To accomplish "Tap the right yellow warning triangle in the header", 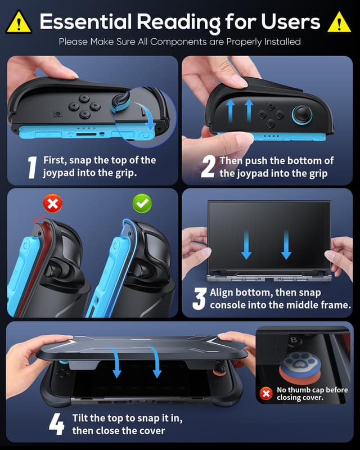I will (x=339, y=22).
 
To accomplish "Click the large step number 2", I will (x=208, y=168).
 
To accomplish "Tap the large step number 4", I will (x=56, y=425).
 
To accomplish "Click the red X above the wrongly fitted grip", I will (x=53, y=203).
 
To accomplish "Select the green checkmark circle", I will (x=142, y=203).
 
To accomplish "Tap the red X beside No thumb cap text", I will (x=267, y=393).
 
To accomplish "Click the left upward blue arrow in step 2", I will (x=229, y=111).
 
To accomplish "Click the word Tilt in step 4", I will (x=82, y=418).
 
